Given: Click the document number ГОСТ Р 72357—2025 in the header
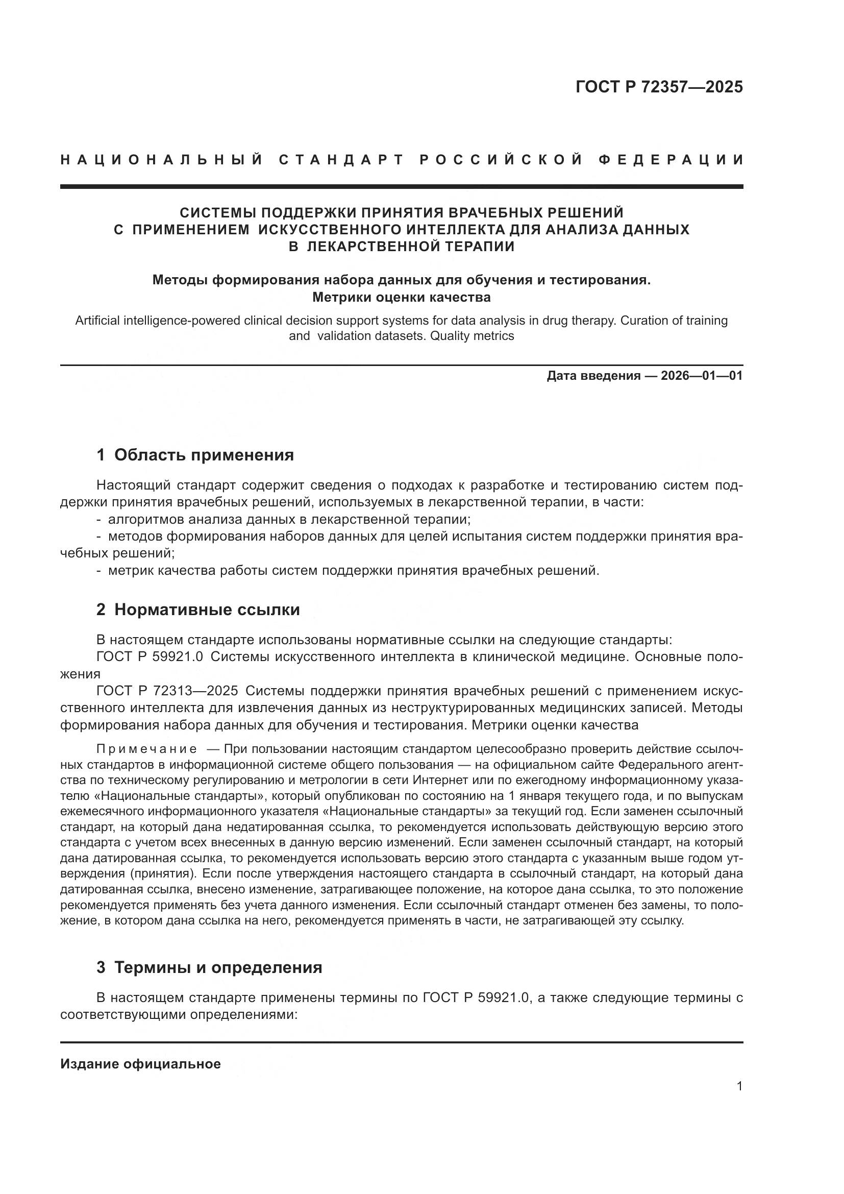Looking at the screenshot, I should click(x=659, y=87).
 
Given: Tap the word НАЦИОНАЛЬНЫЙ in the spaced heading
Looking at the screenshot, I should click(x=162, y=160).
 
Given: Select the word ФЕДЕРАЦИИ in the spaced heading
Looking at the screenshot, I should click(x=671, y=160).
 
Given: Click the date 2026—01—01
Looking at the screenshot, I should click(x=702, y=376).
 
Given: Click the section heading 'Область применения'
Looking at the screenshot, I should click(x=204, y=455).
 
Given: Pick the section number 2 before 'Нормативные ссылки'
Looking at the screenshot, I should click(x=101, y=610).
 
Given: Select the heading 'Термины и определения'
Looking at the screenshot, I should click(x=218, y=967).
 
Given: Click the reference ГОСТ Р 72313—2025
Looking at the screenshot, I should click(x=167, y=691).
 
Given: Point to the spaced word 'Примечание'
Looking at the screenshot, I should click(x=147, y=749).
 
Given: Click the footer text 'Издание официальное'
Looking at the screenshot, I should click(x=140, y=1064).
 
